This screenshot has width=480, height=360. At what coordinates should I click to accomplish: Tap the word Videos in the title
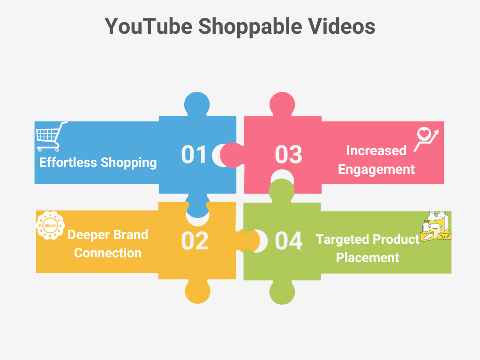pos(341,26)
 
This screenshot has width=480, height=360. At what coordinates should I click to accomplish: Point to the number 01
pos(194,155)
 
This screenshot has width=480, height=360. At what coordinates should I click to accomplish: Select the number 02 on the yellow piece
pos(195,240)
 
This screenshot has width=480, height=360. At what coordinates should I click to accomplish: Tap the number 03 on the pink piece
pos(288,155)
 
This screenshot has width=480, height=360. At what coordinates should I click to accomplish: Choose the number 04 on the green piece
pos(288,240)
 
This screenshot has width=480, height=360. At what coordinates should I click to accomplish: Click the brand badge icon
pos(49,225)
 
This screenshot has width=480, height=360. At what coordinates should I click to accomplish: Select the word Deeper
pos(88,234)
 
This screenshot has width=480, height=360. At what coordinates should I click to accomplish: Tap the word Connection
pos(108,253)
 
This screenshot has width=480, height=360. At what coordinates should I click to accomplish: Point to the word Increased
pos(376,150)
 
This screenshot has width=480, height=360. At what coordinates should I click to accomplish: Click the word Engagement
pos(376,169)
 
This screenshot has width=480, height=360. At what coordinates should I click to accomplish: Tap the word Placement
pos(367,258)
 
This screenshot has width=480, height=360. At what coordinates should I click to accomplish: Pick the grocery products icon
pos(435,227)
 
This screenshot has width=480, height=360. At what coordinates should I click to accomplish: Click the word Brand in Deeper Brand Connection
pos(129,234)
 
